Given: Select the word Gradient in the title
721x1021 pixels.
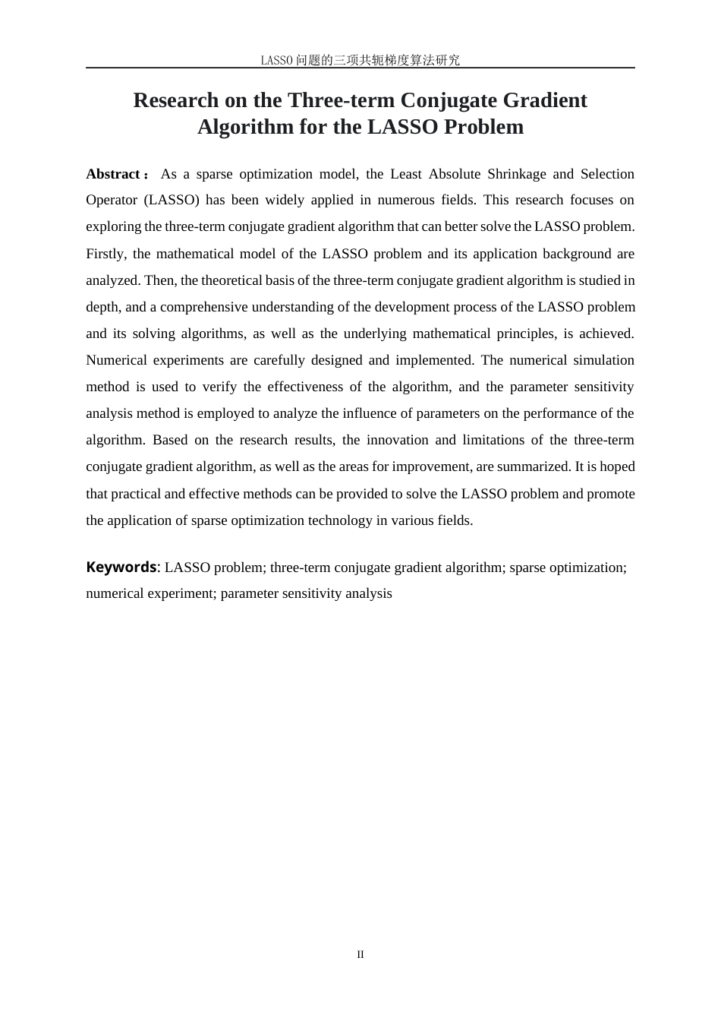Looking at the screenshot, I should click(x=546, y=100).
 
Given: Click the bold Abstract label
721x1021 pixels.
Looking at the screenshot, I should click(x=113, y=174).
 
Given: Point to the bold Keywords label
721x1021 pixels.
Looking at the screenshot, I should click(x=121, y=567).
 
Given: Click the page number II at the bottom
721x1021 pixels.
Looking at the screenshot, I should click(x=360, y=955).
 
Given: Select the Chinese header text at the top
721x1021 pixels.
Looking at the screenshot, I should click(x=360, y=60).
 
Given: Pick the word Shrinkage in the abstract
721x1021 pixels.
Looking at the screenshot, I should click(x=516, y=174).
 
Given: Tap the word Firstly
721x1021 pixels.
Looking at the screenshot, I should click(x=105, y=254).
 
